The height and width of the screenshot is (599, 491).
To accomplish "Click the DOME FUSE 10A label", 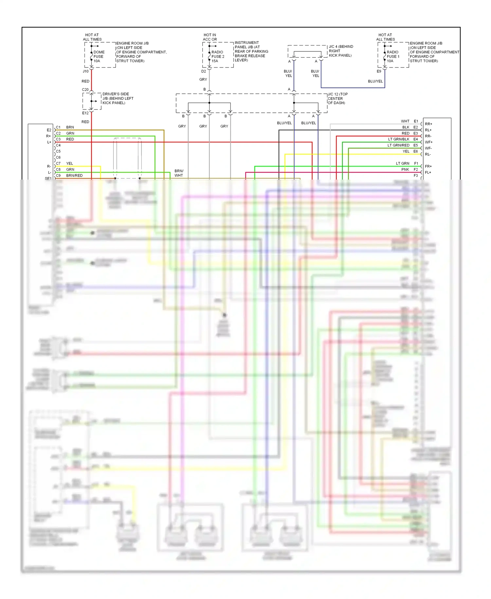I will pyautogui.click(x=99, y=56).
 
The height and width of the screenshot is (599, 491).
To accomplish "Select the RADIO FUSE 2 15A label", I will pyautogui.click(x=218, y=56).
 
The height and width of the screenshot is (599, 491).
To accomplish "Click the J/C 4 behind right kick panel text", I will pyautogui.click(x=340, y=51).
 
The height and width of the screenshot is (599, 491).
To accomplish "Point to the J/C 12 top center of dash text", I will pyautogui.click(x=337, y=98).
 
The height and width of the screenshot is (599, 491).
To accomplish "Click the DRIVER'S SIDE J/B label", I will pyautogui.click(x=118, y=98).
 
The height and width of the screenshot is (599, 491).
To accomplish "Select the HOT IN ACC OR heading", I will pyautogui.click(x=209, y=37).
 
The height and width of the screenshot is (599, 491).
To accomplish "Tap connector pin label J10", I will pyautogui.click(x=85, y=71).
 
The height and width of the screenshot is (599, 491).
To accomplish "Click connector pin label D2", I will pyautogui.click(x=204, y=71).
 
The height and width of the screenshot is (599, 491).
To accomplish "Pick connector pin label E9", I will pyautogui.click(x=379, y=71).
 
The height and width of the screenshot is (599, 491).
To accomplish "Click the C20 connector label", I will pyautogui.click(x=85, y=89).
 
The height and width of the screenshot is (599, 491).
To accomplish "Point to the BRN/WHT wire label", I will pyautogui.click(x=179, y=173).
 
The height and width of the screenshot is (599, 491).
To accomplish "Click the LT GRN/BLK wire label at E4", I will pyautogui.click(x=398, y=139).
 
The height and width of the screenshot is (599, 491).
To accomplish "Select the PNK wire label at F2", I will pyautogui.click(x=405, y=169).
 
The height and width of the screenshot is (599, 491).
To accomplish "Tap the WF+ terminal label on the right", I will pyautogui.click(x=428, y=142).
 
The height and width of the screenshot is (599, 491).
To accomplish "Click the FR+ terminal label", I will pyautogui.click(x=428, y=166).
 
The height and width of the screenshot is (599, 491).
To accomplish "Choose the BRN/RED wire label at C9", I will pyautogui.click(x=74, y=176).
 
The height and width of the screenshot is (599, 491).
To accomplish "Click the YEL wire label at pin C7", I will pyautogui.click(x=69, y=164).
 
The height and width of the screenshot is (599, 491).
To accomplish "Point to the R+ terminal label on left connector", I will pyautogui.click(x=48, y=136).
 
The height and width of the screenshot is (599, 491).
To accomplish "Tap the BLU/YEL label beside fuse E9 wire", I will pyautogui.click(x=375, y=81).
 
